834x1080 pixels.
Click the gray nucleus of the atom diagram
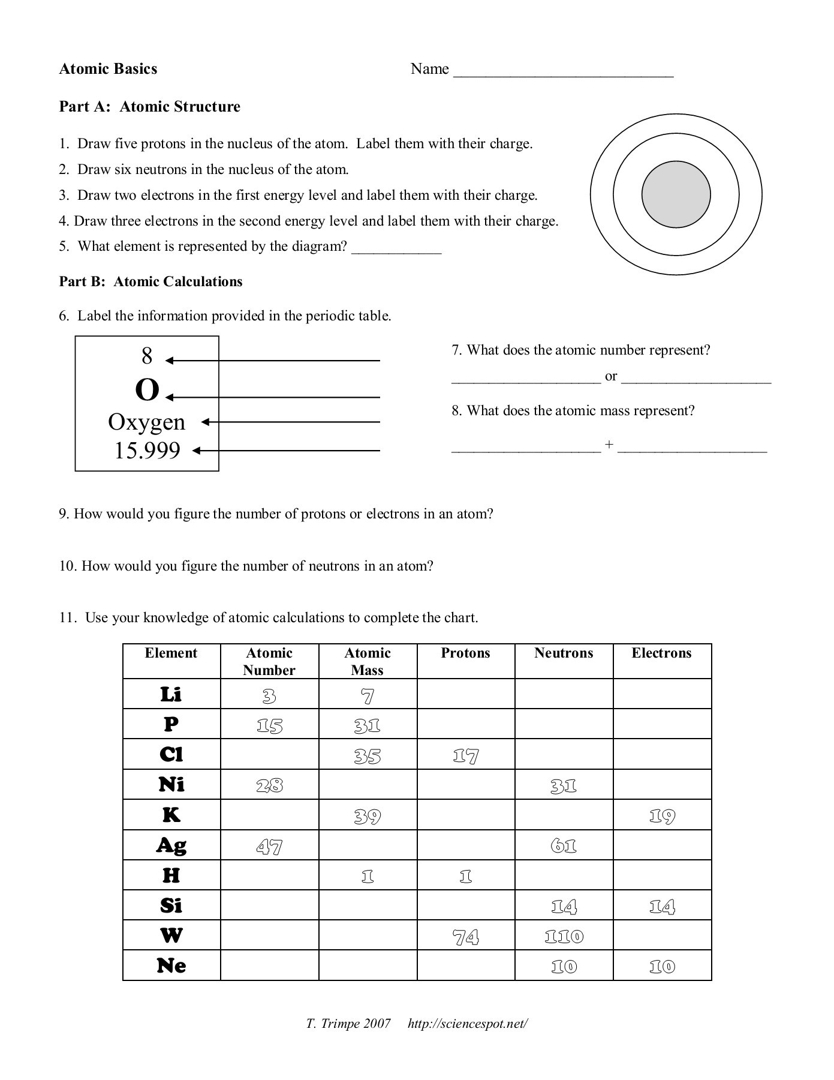(676, 194)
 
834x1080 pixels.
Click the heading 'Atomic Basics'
(108, 69)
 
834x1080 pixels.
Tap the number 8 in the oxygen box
(147, 356)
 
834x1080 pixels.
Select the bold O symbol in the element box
(147, 391)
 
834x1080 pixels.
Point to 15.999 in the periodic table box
(147, 451)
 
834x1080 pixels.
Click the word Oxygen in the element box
(147, 422)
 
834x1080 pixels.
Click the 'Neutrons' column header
(564, 653)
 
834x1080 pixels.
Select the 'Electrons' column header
(661, 653)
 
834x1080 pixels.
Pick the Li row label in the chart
(171, 694)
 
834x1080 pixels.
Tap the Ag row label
(171, 845)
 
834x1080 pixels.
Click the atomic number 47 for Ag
(269, 847)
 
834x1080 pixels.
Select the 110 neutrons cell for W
(564, 937)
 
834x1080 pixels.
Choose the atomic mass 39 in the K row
(368, 816)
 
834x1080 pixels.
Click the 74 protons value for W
(466, 937)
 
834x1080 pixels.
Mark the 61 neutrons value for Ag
(564, 846)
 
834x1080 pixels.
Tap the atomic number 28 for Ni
(269, 785)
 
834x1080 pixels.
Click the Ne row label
(171, 966)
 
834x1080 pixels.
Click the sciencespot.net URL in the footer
(468, 1024)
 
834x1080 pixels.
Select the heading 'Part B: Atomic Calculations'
(150, 281)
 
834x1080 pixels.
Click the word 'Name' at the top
(429, 69)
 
